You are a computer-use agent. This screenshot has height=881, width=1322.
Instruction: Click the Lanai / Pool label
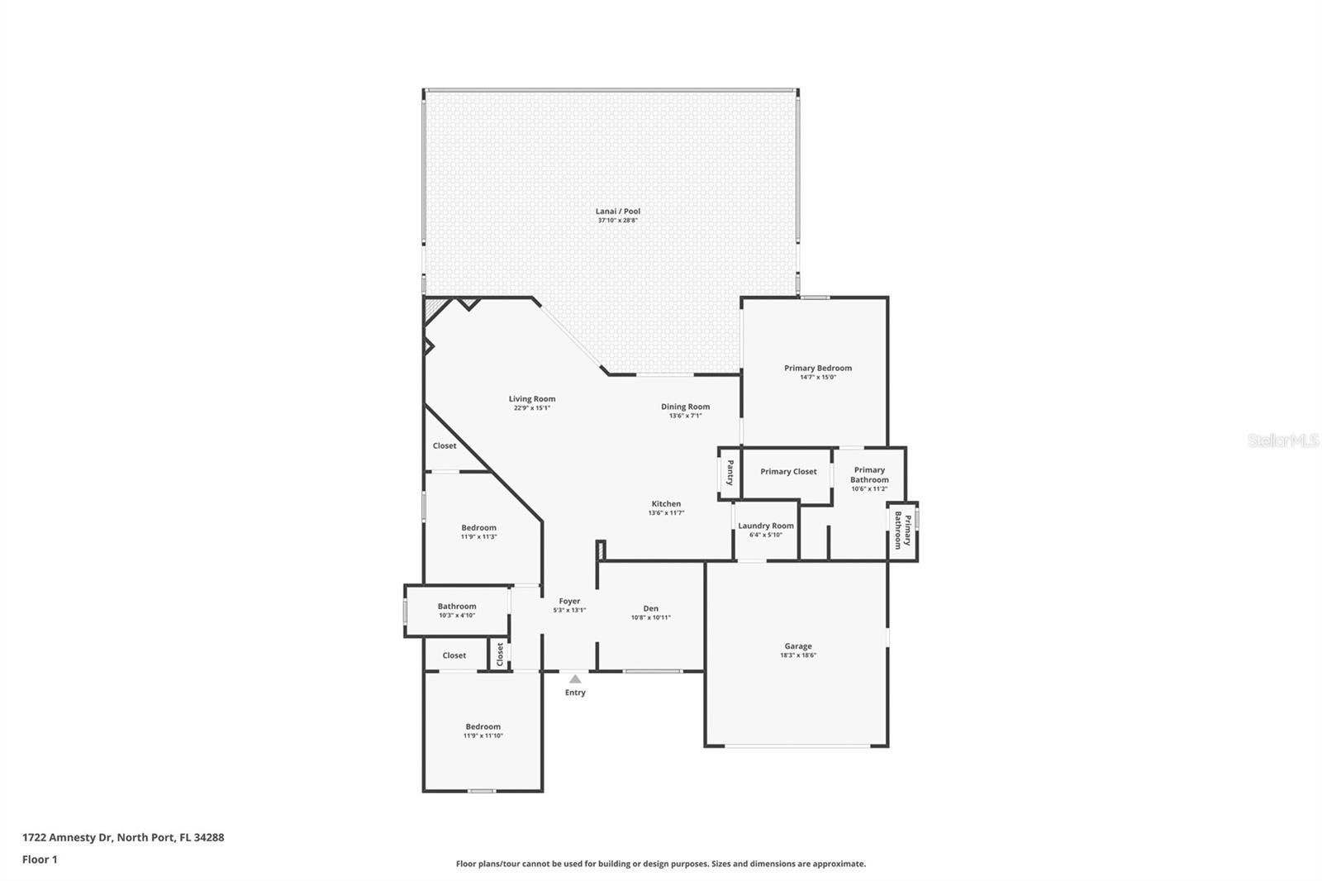pyautogui.click(x=617, y=212)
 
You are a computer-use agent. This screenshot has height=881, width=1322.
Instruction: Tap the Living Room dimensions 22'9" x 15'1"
pyautogui.click(x=532, y=408)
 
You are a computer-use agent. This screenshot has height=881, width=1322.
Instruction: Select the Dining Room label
pyautogui.click(x=685, y=407)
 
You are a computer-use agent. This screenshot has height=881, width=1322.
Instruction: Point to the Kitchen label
pyautogui.click(x=666, y=503)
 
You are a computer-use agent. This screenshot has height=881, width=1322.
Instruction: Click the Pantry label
pyautogui.click(x=730, y=473)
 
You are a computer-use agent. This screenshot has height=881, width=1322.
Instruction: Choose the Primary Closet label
pyautogui.click(x=788, y=472)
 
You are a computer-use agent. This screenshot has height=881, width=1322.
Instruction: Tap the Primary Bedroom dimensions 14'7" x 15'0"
pyautogui.click(x=818, y=378)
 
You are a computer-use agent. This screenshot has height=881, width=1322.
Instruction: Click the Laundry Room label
pyautogui.click(x=765, y=526)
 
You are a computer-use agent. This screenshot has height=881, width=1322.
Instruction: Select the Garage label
pyautogui.click(x=798, y=646)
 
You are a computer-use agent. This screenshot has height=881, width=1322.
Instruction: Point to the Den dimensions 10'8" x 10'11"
pyautogui.click(x=650, y=617)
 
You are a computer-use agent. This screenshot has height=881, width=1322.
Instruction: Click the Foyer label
pyautogui.click(x=569, y=601)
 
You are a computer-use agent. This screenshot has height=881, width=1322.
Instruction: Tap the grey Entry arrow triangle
pyautogui.click(x=575, y=679)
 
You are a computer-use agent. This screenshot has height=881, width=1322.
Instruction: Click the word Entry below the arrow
pyautogui.click(x=575, y=693)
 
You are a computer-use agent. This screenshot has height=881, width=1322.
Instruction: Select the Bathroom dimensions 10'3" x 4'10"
pyautogui.click(x=457, y=615)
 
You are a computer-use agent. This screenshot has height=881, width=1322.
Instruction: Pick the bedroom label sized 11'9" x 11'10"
pyautogui.click(x=483, y=727)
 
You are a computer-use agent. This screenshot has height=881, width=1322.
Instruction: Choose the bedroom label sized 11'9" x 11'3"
pyautogui.click(x=478, y=528)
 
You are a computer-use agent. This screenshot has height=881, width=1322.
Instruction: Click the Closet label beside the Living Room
pyautogui.click(x=445, y=445)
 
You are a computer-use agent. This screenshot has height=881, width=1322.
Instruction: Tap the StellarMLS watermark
pyautogui.click(x=1283, y=440)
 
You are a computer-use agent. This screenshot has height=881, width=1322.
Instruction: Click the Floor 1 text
pyautogui.click(x=40, y=860)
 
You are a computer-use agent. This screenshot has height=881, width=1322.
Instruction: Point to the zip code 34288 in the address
pyautogui.click(x=209, y=837)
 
